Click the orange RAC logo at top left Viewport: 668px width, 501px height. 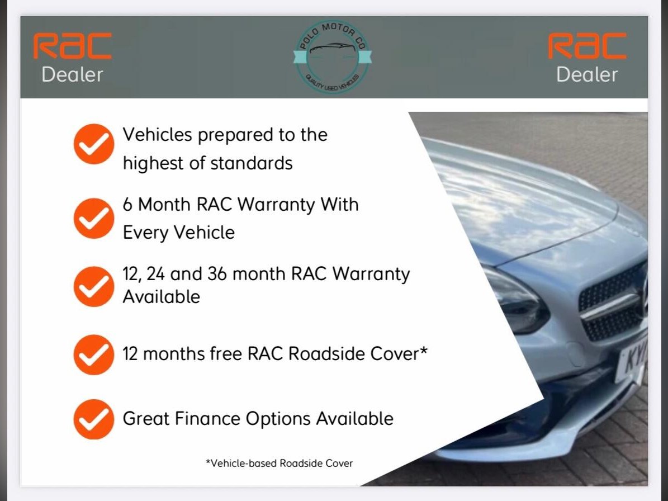click(73, 46)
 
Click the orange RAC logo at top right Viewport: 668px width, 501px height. click(587, 46)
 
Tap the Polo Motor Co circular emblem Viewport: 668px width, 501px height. click(333, 56)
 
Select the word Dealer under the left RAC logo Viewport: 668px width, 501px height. click(73, 75)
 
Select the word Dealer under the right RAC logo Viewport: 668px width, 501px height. click(587, 75)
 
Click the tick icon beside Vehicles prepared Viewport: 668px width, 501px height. click(94, 144)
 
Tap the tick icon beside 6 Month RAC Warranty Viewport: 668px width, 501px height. click(94, 218)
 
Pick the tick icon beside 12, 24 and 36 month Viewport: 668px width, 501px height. click(94, 286)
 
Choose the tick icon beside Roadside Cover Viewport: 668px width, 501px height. click(94, 355)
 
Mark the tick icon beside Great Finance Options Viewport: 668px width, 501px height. click(94, 419)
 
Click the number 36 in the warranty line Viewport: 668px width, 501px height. click(217, 274)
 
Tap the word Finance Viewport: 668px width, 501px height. click(207, 418)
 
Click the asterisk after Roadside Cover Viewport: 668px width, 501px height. click(424, 350)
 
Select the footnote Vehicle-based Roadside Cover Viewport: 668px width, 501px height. click(279, 463)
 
